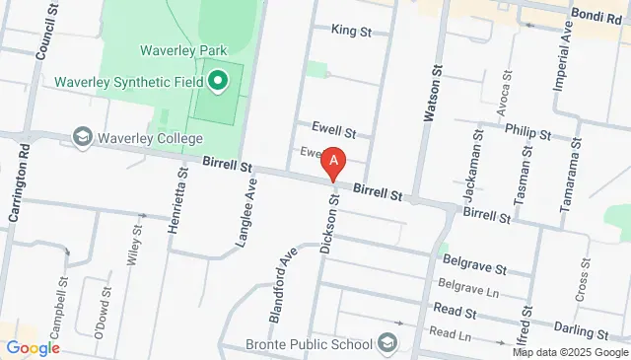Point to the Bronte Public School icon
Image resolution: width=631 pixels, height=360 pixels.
click(387, 343)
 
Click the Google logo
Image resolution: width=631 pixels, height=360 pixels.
click(32, 347)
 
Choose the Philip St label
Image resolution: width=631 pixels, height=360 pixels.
click(526, 129)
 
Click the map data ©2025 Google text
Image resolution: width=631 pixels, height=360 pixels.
click(570, 352)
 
